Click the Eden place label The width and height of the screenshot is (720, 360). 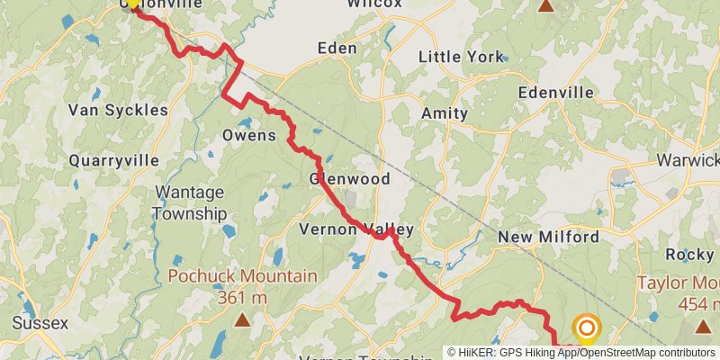(337, 48)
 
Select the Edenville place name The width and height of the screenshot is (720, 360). (556, 93)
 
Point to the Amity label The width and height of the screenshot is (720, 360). (445, 113)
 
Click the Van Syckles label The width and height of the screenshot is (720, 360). (118, 110)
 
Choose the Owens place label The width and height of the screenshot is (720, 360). (248, 136)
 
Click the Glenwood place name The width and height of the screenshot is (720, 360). (350, 179)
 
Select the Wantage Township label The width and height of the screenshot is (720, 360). (190, 202)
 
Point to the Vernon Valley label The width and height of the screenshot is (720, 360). (356, 229)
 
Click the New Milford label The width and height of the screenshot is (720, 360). (548, 238)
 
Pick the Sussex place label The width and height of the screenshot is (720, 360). (40, 322)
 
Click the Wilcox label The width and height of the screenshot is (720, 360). (374, 4)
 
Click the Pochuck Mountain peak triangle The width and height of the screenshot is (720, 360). (242, 319)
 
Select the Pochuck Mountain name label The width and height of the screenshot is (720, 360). (242, 276)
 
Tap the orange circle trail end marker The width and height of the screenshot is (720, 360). (587, 328)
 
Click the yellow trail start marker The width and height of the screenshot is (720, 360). (132, 3)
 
